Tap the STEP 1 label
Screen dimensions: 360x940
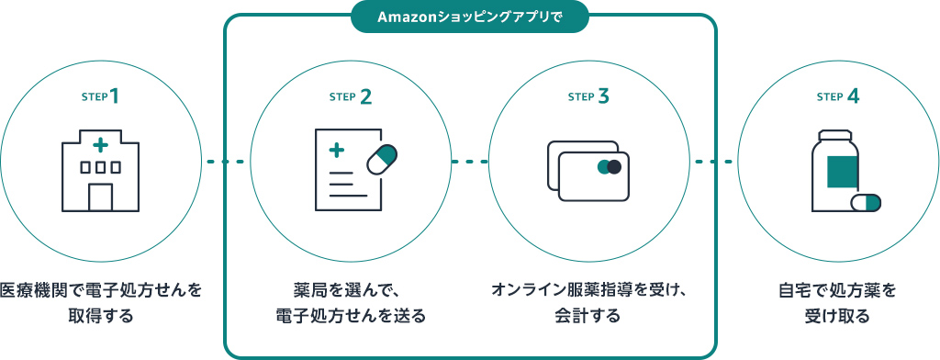101,96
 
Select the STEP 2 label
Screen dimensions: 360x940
350,96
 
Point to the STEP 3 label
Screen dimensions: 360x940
588,96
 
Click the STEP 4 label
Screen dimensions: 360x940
837,96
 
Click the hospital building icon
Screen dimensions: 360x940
100,172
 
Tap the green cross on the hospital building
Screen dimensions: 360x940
100,145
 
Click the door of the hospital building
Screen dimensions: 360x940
100,197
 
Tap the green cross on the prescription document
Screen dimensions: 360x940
337,149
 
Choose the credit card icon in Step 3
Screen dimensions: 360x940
588,172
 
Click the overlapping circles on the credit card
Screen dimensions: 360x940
609,167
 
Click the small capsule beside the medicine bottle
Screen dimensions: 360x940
866,202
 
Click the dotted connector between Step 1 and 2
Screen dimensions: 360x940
226,163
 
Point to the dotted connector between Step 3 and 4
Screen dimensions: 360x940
713,163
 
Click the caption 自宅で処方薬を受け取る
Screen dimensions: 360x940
836,304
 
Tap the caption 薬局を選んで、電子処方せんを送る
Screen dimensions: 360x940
350,304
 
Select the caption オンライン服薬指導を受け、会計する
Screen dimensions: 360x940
588,304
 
